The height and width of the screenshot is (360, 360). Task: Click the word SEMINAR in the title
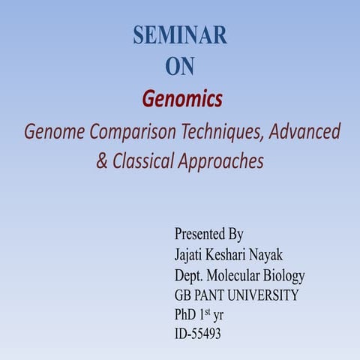(x=180, y=34)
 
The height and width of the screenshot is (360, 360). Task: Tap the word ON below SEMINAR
(x=180, y=67)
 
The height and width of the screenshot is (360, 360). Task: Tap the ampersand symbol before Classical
(x=102, y=161)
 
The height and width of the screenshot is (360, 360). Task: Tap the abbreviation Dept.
(x=190, y=275)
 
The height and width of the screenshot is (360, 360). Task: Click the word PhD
(x=187, y=315)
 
